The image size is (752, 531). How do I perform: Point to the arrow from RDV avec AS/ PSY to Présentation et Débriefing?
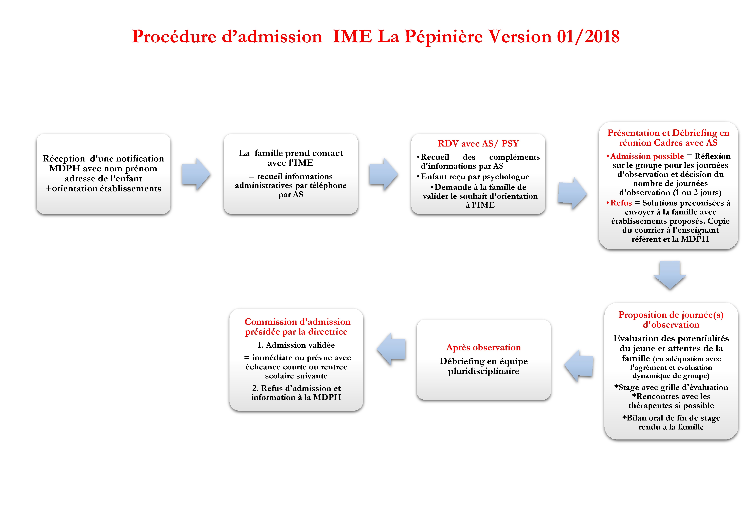coord(572,193)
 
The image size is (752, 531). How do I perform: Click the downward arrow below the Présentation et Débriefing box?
coord(670,274)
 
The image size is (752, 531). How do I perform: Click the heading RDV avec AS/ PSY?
coord(478,143)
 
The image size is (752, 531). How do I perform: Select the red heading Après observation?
coord(483,347)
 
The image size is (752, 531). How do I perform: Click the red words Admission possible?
coord(647,156)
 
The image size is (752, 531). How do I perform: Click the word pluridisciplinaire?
coord(483,371)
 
